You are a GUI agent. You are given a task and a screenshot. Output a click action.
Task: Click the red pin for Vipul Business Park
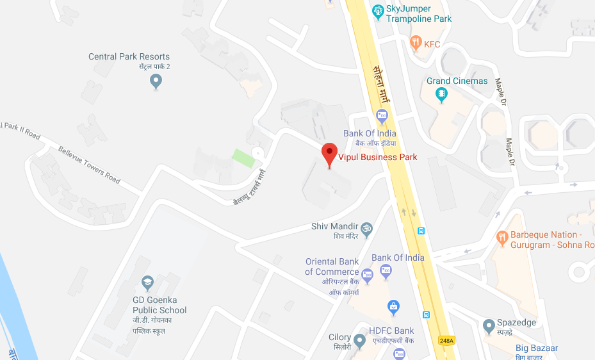point(329,154)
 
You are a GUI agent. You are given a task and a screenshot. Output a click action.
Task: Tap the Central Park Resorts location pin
point(155,81)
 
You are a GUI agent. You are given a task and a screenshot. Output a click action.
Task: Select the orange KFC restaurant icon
point(415,44)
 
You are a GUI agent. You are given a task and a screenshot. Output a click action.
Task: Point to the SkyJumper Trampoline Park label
point(418,13)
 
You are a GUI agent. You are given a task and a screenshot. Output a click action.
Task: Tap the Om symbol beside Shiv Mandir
point(367,227)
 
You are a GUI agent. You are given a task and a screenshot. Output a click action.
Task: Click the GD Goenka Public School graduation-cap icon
point(147,282)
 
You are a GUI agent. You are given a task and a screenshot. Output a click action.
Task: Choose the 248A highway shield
point(446,340)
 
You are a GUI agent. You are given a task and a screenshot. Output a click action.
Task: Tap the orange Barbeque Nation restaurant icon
point(502,236)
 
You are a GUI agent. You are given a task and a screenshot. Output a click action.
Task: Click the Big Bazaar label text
point(537,348)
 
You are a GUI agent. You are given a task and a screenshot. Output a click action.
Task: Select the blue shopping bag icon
point(394,307)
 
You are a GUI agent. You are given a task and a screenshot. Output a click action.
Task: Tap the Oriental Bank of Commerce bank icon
point(367,276)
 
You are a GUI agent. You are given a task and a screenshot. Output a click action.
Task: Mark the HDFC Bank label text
point(391,331)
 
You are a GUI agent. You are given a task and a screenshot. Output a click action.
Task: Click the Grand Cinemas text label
point(457,81)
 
